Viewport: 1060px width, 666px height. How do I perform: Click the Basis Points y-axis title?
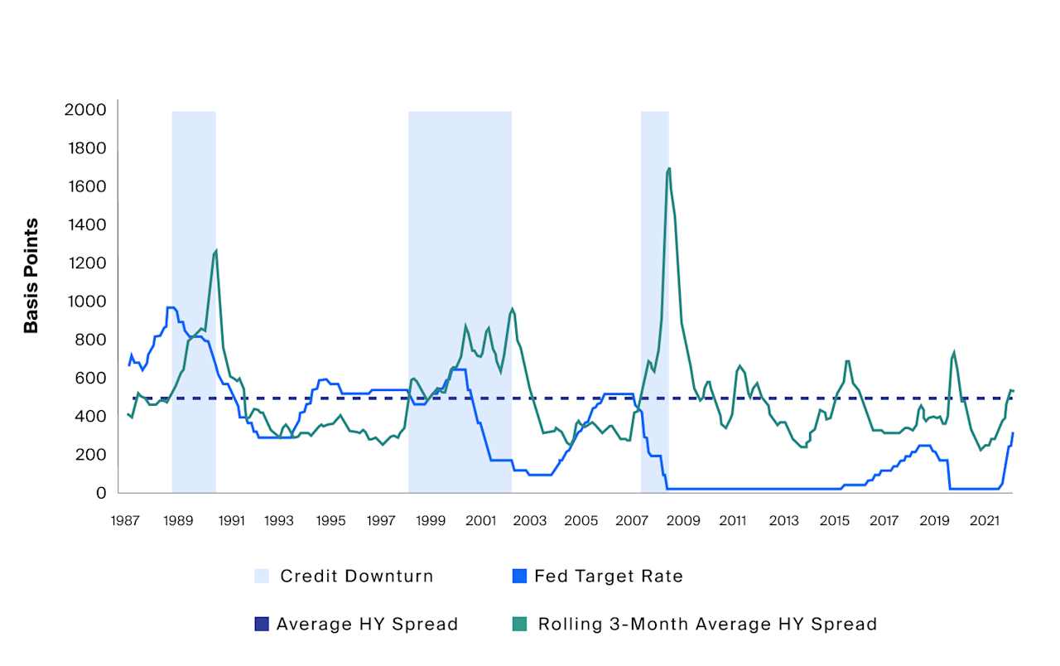(31, 276)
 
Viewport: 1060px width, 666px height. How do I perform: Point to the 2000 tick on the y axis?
(85, 110)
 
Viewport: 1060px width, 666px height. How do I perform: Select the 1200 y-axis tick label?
(86, 263)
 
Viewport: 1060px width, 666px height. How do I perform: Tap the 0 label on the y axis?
(101, 493)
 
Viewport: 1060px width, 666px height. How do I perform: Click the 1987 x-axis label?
(125, 521)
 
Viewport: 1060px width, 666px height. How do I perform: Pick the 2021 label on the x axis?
(985, 521)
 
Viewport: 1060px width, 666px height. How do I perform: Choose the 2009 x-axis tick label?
(682, 521)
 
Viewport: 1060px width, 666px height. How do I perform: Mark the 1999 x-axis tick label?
(431, 521)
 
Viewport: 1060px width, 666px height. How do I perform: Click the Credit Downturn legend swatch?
(262, 577)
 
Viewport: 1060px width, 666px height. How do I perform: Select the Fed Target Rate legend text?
(609, 577)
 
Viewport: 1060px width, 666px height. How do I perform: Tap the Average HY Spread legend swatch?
(262, 625)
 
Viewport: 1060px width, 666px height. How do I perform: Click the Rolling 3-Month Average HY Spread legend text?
(707, 625)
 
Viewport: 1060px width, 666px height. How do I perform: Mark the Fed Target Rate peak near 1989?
(171, 307)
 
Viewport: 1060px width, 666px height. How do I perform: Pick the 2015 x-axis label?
(834, 521)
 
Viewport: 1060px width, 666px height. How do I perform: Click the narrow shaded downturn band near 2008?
(654, 298)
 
